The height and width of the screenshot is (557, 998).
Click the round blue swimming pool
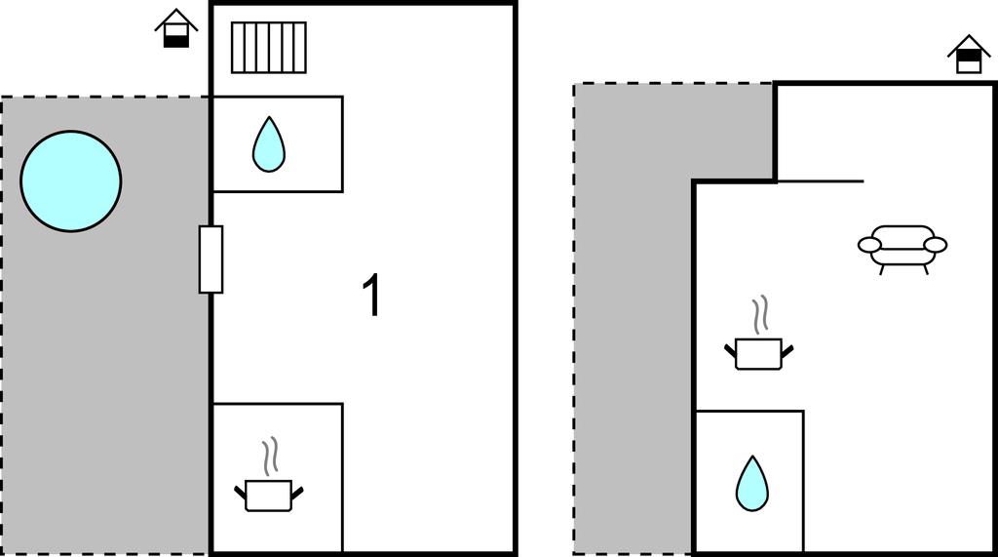(71, 181)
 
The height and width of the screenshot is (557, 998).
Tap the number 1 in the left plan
(371, 297)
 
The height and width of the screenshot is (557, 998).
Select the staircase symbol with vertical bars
(268, 48)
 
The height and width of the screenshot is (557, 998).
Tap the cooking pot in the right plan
(758, 352)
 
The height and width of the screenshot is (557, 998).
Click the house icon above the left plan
(175, 28)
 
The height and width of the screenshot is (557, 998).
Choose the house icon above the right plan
(969, 55)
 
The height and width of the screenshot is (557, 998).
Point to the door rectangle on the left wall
(211, 259)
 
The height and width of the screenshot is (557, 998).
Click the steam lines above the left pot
(272, 456)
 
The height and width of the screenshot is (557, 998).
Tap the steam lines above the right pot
(759, 315)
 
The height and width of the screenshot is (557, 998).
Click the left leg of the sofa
(882, 269)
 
